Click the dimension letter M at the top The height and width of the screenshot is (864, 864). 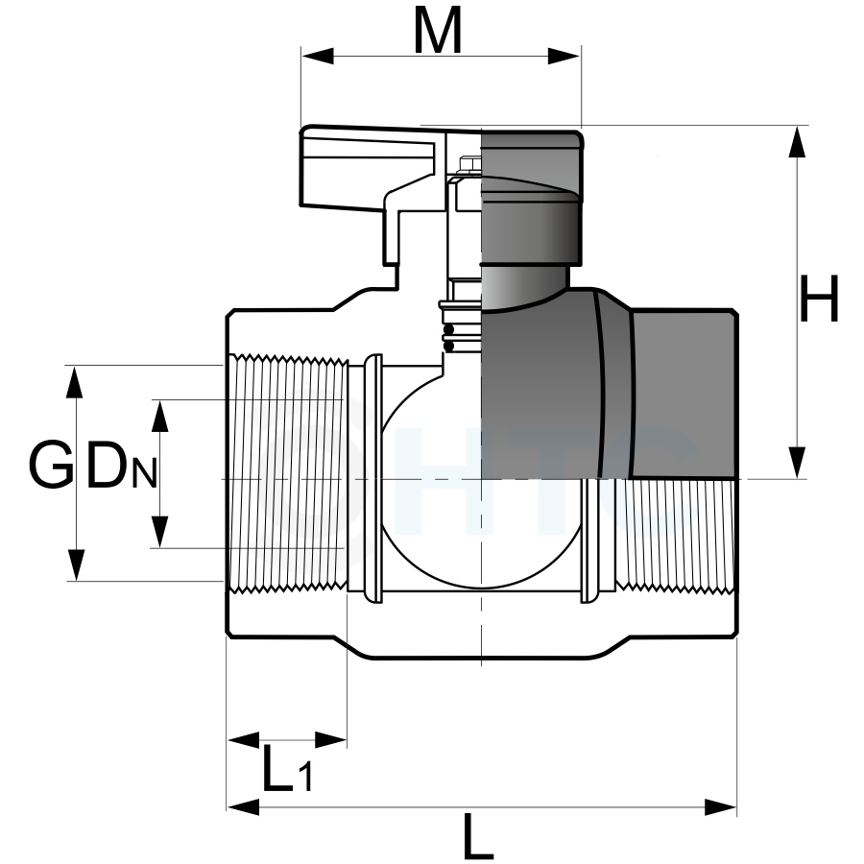(438, 32)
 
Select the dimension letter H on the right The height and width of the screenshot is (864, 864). (819, 300)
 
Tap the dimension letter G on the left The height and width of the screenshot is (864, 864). (51, 465)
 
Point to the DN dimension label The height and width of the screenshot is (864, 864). (122, 467)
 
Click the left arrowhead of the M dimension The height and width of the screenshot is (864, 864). (318, 56)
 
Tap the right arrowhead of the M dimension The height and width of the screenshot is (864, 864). (564, 56)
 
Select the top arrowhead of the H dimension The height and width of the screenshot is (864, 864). (797, 142)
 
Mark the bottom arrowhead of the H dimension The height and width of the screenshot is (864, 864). (797, 463)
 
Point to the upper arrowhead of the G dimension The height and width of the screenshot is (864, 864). (74, 382)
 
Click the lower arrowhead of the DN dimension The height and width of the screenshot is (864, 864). (159, 532)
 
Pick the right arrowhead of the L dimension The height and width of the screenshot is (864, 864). (721, 807)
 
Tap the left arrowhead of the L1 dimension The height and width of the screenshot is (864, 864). (244, 740)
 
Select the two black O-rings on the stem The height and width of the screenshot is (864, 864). (449, 338)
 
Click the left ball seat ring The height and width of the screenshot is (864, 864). (373, 478)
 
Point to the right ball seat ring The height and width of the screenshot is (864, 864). (589, 541)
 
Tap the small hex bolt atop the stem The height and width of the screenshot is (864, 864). (469, 163)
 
